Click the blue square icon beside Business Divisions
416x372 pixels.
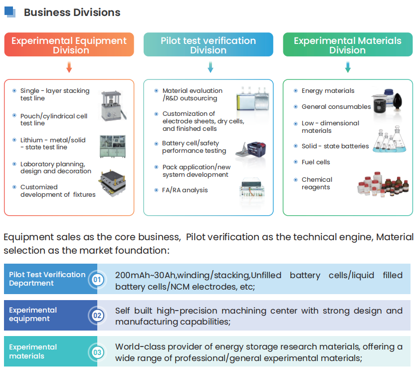click(10, 12)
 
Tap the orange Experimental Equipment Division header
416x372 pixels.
click(69, 44)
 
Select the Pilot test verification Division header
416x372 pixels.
click(208, 44)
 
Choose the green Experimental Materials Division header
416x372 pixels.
click(348, 44)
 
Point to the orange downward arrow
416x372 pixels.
click(69, 67)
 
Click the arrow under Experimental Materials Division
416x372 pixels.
click(348, 67)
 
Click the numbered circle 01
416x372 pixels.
click(97, 279)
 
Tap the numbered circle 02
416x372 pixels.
click(97, 316)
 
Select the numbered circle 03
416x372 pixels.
click(97, 353)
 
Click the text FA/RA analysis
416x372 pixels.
click(185, 190)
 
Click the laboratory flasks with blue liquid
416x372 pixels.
click(389, 139)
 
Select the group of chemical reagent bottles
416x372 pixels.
click(383, 184)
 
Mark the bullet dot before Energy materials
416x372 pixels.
click(296, 91)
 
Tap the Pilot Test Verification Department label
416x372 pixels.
click(47, 279)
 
